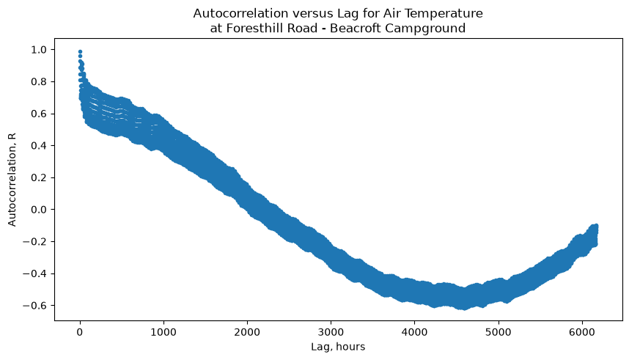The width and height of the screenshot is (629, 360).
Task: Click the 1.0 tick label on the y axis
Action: [39, 50]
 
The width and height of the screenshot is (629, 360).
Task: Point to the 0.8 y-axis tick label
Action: [39, 82]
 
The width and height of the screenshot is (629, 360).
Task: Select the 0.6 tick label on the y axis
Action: [39, 114]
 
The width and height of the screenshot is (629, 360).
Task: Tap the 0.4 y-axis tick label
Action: [39, 146]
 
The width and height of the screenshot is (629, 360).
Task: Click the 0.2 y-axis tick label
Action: [39, 177]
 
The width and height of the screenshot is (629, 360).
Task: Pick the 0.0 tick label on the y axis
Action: [39, 210]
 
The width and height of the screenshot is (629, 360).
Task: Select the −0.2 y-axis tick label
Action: [35, 242]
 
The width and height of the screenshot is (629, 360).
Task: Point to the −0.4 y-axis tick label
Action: [35, 273]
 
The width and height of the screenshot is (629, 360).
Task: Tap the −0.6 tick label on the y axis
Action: [35, 306]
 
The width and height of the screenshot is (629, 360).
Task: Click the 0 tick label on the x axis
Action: [80, 332]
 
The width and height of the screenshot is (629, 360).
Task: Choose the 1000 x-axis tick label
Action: [163, 332]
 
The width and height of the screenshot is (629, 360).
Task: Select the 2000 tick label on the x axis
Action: [247, 332]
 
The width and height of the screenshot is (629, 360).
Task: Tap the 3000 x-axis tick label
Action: [331, 332]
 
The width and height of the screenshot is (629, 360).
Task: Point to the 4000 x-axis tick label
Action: [414, 332]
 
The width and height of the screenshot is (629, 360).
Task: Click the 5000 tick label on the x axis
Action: [499, 332]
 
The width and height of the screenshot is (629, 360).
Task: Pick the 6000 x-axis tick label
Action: [582, 332]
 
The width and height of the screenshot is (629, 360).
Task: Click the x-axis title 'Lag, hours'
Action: [338, 347]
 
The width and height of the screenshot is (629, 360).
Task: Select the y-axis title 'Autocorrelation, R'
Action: [12, 180]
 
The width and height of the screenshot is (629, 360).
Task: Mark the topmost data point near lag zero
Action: [80, 52]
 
